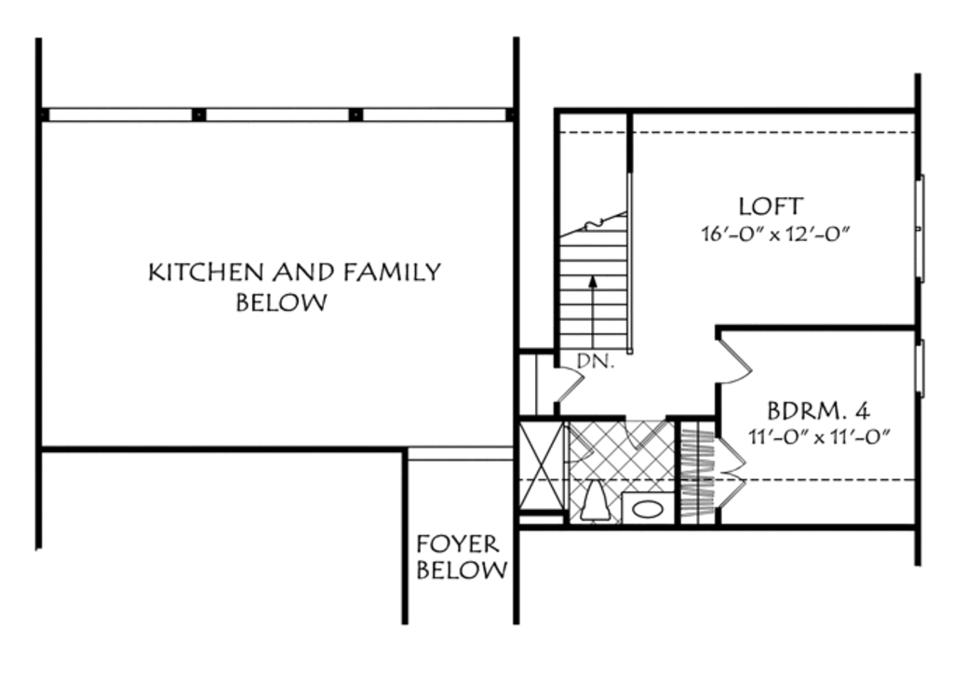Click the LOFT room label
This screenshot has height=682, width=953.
[770, 206]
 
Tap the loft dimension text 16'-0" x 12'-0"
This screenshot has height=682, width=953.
[776, 232]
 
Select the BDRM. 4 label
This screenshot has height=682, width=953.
[818, 410]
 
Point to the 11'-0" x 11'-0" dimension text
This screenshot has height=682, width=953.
[820, 435]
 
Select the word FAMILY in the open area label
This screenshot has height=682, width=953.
[392, 273]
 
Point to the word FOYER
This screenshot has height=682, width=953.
[457, 544]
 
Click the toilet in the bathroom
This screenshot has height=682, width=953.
[594, 503]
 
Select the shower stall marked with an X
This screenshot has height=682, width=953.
[541, 466]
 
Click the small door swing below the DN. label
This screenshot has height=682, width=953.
[567, 384]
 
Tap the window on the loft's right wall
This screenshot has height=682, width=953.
[919, 227]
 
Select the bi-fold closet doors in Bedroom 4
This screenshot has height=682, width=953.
[731, 470]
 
